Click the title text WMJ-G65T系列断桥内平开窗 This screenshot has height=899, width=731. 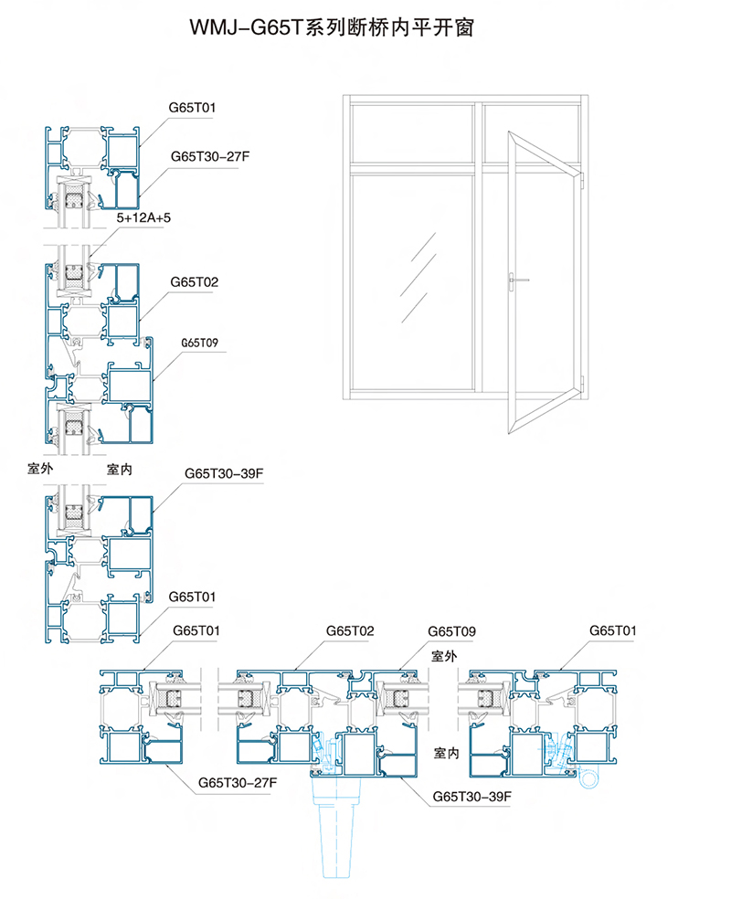332,27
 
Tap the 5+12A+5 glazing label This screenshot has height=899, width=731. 143,217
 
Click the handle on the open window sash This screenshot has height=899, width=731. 517,280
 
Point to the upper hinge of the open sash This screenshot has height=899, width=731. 582,181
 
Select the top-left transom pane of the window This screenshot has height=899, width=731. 412,134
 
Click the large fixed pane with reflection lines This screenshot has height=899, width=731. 412,282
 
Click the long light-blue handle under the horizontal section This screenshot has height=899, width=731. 336,827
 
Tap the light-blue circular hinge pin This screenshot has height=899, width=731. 588,778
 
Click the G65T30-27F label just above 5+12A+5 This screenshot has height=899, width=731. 210,156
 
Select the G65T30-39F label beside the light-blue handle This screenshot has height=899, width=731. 471,797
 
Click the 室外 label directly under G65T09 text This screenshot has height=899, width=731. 444,656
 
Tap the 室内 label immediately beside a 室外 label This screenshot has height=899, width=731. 120,469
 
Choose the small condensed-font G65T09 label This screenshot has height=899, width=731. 199,343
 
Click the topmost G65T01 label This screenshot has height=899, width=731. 192,108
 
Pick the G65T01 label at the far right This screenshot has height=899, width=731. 613,630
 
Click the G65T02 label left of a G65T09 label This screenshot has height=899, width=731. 350,630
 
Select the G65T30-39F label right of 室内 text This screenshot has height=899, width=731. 224,473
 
